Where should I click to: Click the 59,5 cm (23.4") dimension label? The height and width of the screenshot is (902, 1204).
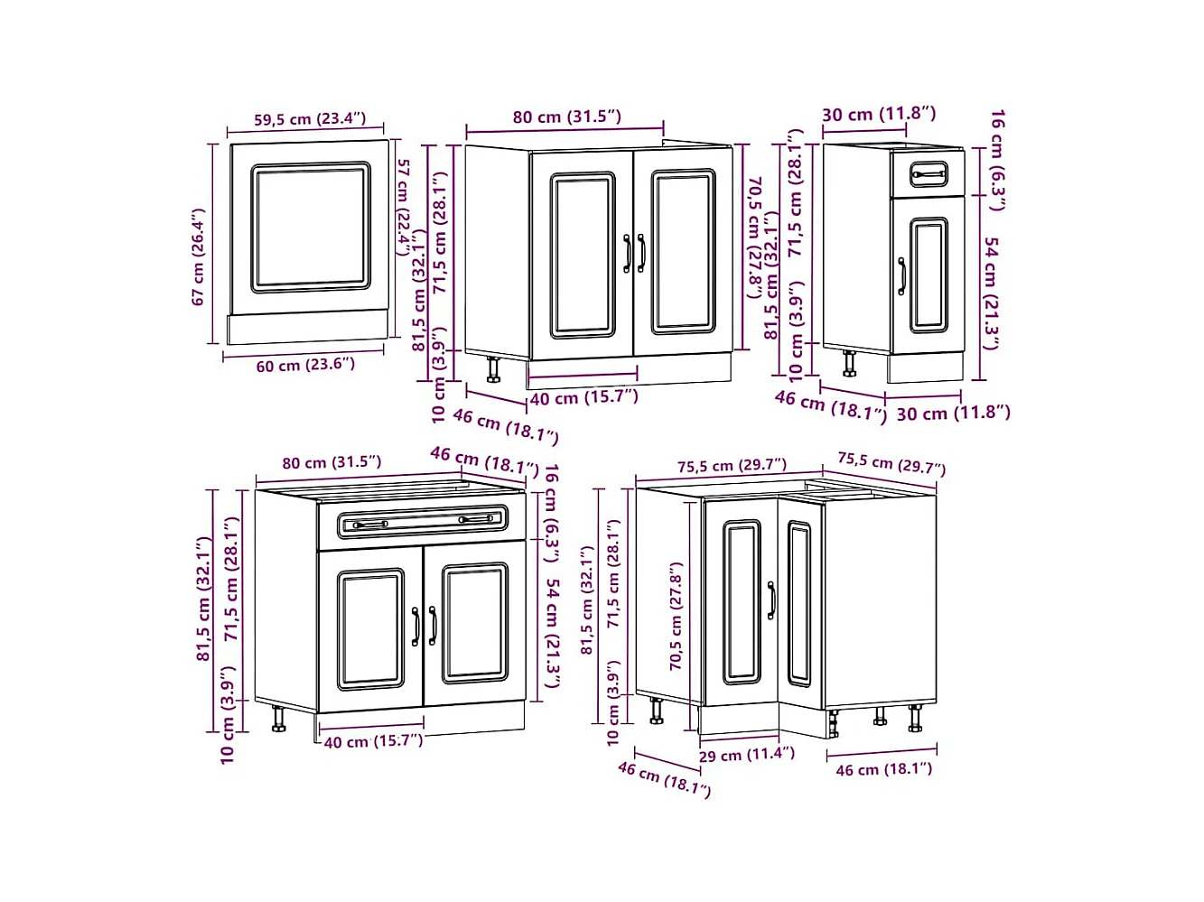[309, 119]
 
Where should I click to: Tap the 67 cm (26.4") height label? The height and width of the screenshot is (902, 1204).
[199, 257]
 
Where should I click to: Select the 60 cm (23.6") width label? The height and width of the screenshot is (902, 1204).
[305, 365]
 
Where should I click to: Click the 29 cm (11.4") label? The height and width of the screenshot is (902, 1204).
[746, 755]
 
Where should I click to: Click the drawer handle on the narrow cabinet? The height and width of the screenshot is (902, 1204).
[928, 172]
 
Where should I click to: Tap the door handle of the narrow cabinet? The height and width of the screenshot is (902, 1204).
[901, 276]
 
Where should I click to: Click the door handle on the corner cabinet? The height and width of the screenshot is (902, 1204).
[770, 600]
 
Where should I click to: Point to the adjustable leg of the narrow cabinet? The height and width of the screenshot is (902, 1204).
[850, 364]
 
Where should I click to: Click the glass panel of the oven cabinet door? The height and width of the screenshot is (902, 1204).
[310, 228]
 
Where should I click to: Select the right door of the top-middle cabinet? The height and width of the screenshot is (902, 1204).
[684, 252]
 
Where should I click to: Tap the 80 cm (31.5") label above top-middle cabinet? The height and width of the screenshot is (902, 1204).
[566, 116]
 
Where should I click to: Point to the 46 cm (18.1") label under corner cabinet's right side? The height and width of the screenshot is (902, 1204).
[883, 769]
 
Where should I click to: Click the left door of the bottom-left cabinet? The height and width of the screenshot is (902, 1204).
[371, 628]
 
